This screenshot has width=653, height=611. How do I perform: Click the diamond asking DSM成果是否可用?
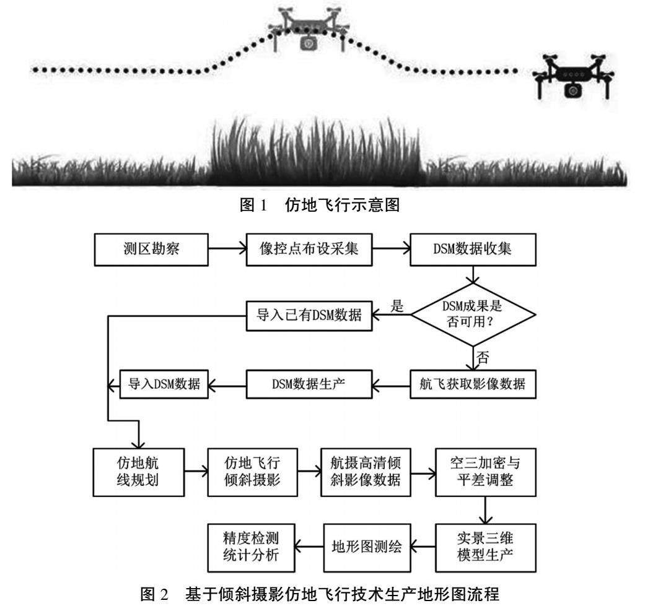[x=473, y=315]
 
